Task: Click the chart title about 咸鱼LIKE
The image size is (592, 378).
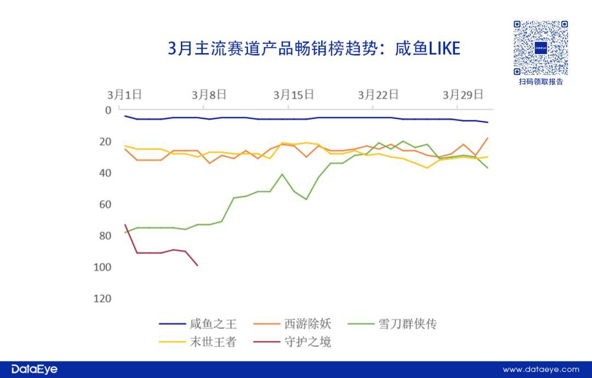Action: pyautogui.click(x=314, y=49)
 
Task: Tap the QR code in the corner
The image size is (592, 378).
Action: pyautogui.click(x=540, y=48)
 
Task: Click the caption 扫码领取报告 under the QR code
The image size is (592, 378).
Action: pyautogui.click(x=540, y=82)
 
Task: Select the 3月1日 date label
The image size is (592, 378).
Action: pyautogui.click(x=124, y=94)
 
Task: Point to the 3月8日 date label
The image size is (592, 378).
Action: pyautogui.click(x=209, y=94)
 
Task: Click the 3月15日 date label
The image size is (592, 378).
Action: pyautogui.click(x=294, y=94)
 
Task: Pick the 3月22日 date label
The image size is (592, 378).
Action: pyautogui.click(x=378, y=94)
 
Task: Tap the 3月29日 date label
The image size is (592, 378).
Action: pyautogui.click(x=463, y=94)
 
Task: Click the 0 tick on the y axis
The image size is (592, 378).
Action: pyautogui.click(x=108, y=110)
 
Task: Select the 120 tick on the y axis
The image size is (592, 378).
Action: pyautogui.click(x=103, y=299)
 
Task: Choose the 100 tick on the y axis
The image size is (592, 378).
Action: pyautogui.click(x=103, y=267)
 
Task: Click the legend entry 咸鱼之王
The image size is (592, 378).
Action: pyautogui.click(x=206, y=324)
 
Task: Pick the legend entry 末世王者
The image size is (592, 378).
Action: pyautogui.click(x=206, y=342)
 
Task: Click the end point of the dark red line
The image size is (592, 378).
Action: pyautogui.click(x=197, y=266)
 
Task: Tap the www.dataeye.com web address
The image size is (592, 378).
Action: pyautogui.click(x=540, y=370)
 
